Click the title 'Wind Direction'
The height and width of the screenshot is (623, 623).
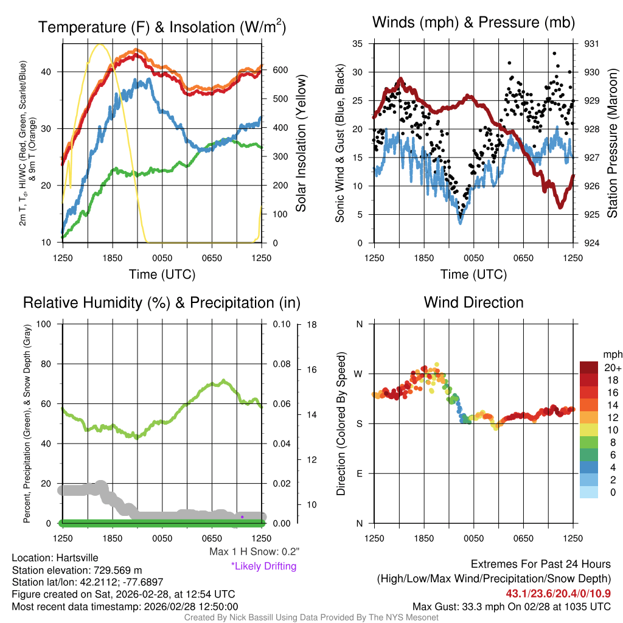pos(473,302)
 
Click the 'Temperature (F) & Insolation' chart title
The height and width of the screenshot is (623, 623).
pos(162,27)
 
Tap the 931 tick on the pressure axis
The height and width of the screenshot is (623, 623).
pos(592,44)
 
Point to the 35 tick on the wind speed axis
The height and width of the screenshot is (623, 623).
pos(358,44)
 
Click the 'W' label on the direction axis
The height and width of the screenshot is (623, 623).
pos(359,374)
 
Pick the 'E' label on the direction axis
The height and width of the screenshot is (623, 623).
pos(359,473)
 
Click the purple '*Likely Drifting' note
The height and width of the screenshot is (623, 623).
pos(263,566)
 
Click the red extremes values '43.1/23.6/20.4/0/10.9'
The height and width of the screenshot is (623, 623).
pos(559,593)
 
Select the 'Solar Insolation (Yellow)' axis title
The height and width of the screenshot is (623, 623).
pos(301,144)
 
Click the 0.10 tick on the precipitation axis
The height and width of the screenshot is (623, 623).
pos(281,324)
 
